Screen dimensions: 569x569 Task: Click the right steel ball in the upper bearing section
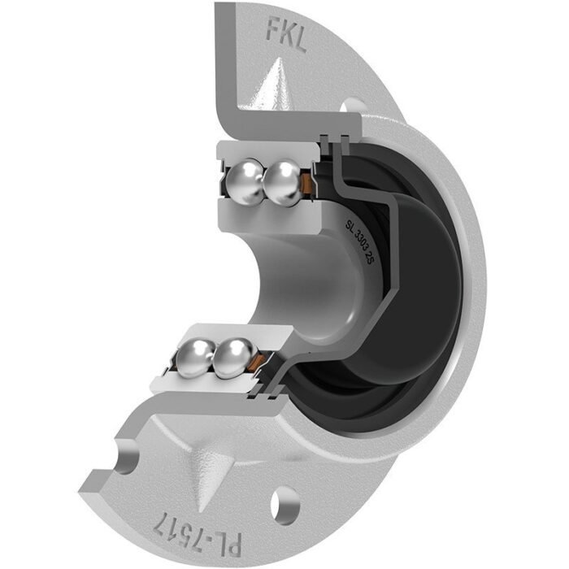point(282,183)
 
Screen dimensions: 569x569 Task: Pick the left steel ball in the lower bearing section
point(196,358)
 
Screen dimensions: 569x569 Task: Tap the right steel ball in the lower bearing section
point(234,357)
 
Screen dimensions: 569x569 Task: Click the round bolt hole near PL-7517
point(285,503)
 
